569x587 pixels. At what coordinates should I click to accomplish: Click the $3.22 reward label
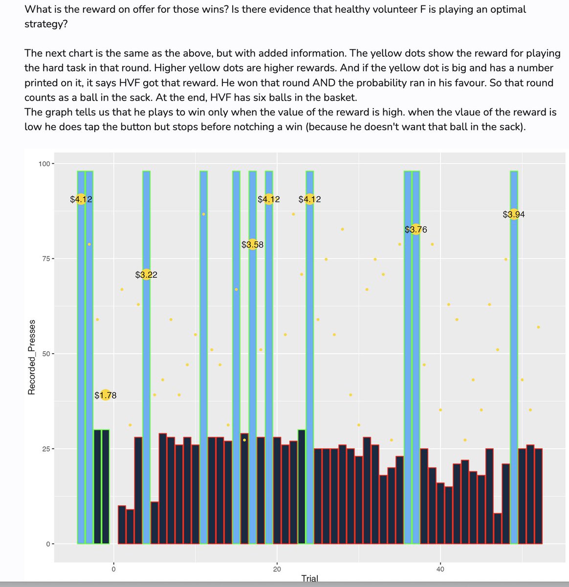(x=146, y=275)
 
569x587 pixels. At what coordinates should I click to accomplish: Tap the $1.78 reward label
(x=106, y=395)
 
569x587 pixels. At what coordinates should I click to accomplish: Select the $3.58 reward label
(x=252, y=245)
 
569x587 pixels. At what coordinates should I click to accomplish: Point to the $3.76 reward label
(x=416, y=229)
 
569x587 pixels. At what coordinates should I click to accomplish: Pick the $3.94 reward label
(x=514, y=214)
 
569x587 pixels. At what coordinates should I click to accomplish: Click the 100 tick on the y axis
(x=44, y=163)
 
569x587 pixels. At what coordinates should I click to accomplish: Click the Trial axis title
(x=309, y=579)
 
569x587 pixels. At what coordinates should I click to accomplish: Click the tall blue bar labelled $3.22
(x=146, y=391)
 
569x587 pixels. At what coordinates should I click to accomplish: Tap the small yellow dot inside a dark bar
(x=244, y=440)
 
